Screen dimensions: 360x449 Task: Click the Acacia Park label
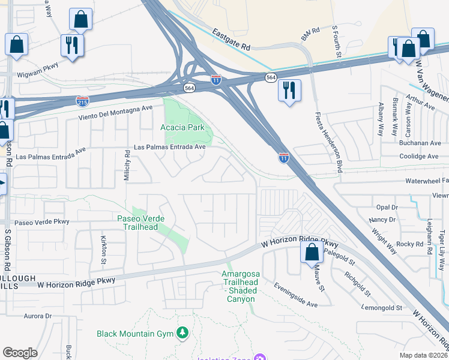[182, 127]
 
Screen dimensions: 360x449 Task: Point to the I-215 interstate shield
[82, 101]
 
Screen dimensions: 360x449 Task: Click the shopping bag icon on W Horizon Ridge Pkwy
[312, 253]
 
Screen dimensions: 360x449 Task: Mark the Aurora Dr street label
[38, 316]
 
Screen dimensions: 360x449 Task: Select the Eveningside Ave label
[296, 296]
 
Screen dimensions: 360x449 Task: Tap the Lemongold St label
[382, 308]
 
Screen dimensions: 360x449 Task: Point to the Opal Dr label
[387, 207]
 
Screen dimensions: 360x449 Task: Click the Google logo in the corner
[20, 353]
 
